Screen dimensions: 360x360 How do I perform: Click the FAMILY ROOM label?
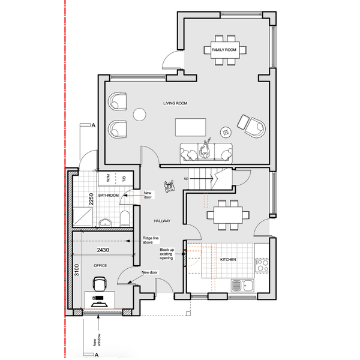point(224,50)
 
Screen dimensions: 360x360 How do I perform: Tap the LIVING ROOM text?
point(175,103)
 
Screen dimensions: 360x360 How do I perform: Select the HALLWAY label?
point(162,221)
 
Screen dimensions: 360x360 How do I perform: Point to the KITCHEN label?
point(228,259)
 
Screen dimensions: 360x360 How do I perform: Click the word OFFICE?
point(100,265)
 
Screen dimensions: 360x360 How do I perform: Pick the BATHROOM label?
point(109,196)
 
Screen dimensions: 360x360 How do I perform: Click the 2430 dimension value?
point(103,250)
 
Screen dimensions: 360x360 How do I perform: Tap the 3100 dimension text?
point(76,270)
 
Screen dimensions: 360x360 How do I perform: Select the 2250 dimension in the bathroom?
point(91,199)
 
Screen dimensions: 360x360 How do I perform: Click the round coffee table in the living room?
point(140,115)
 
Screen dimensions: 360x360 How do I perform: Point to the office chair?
point(100,284)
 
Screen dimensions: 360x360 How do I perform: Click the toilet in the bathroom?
point(125,218)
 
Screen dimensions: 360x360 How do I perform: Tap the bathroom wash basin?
point(106,223)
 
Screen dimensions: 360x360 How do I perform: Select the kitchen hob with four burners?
point(262,265)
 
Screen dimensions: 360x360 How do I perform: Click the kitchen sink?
point(242,285)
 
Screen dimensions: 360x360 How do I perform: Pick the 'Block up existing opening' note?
point(167,254)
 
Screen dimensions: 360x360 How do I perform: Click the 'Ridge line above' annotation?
point(151,240)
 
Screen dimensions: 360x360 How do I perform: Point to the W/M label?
point(108,178)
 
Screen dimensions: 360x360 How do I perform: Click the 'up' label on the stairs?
point(186,178)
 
